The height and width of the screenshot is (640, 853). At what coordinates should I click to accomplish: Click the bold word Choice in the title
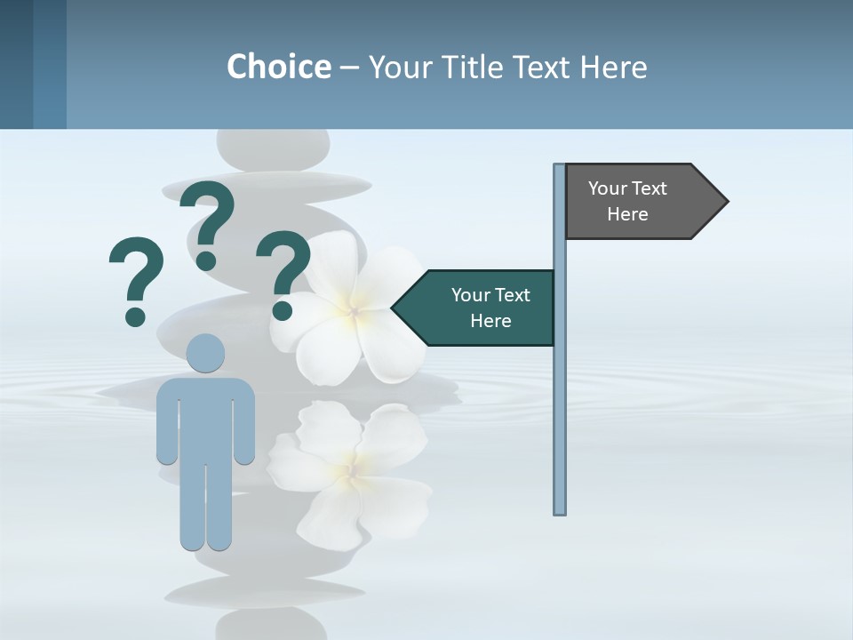pyautogui.click(x=278, y=67)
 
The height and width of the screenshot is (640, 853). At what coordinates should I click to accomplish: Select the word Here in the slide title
pyautogui.click(x=613, y=67)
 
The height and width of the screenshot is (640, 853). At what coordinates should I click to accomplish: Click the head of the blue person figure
pyautogui.click(x=205, y=353)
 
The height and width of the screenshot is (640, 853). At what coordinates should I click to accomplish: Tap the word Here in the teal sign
pyautogui.click(x=490, y=321)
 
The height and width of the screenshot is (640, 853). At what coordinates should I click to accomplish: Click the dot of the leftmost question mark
pyautogui.click(x=135, y=316)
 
